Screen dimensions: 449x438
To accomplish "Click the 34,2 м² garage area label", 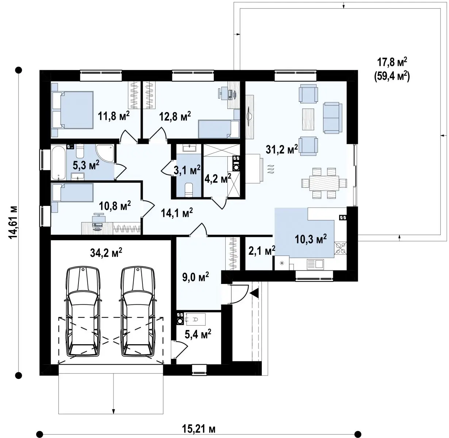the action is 106,253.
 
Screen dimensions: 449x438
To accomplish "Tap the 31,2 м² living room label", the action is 282,149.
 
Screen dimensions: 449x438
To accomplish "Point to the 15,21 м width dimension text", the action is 199,429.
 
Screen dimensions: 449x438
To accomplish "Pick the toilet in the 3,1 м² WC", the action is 189,190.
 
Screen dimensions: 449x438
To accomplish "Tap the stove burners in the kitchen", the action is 340,248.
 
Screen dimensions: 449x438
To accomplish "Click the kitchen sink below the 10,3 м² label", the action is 315,264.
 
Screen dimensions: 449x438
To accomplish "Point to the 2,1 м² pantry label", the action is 262,250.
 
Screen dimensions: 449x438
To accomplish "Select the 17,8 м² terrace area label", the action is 392,62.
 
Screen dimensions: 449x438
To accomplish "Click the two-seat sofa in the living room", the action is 333,118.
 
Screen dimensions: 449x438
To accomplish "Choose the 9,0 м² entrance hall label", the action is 196,277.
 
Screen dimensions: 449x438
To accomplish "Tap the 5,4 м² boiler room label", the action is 198,334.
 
